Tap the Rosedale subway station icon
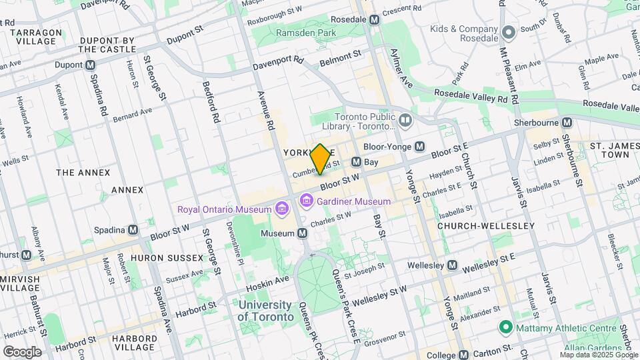(x=375, y=20)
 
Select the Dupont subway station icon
(x=91, y=65)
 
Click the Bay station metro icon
(x=357, y=162)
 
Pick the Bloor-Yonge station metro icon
(x=420, y=146)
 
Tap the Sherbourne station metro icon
(x=567, y=123)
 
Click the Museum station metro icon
(x=303, y=233)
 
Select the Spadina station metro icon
(x=133, y=229)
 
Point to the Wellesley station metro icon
(x=453, y=265)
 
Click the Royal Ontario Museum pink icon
(x=281, y=209)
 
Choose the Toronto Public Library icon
(x=405, y=121)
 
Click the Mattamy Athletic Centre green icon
(x=506, y=327)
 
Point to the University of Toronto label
(x=265, y=311)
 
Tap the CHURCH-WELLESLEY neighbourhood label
(x=486, y=226)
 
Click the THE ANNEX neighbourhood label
(x=83, y=173)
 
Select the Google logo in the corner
(x=22, y=351)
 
